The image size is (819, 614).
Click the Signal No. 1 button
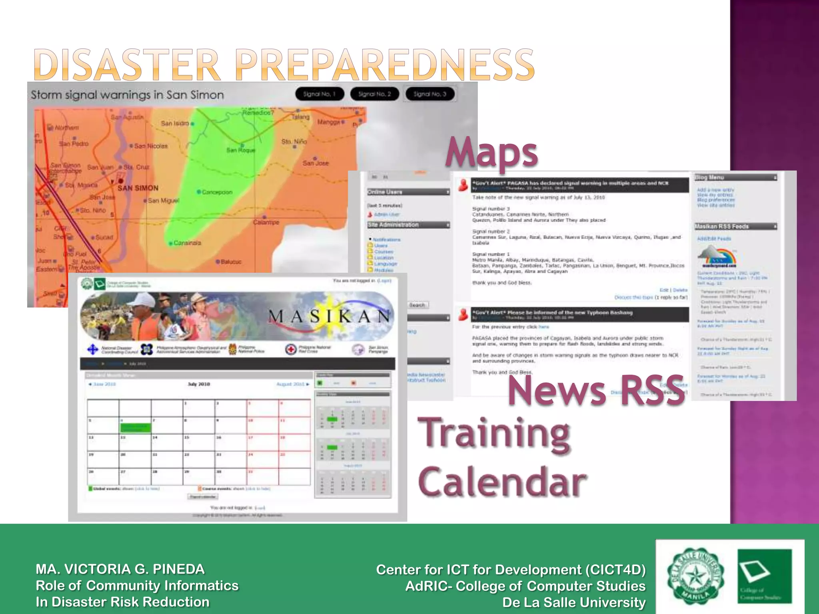tap(320, 94)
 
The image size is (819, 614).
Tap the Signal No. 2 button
tap(375, 94)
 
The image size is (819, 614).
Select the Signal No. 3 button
tap(430, 94)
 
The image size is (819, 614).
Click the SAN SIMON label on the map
tap(138, 188)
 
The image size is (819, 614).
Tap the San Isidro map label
tap(175, 124)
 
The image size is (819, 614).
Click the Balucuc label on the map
tap(231, 262)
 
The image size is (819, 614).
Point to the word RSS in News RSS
tap(652, 391)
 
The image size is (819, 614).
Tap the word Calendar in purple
tap(502, 482)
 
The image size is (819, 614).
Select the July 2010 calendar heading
tap(199, 384)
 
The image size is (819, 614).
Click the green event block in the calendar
tap(136, 428)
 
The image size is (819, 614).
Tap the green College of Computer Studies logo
tap(765, 576)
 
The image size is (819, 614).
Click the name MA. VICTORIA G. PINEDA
tap(120, 569)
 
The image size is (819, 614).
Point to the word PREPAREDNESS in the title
tap(387, 65)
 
